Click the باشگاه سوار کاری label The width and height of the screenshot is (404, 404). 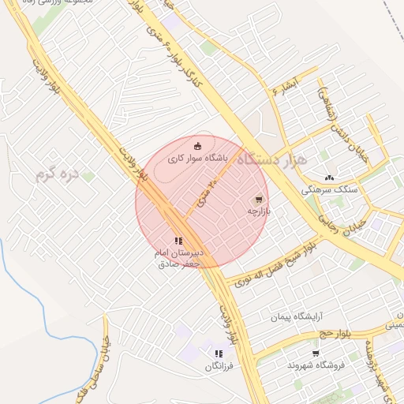(x=196, y=159)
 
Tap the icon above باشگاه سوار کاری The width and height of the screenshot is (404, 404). (x=197, y=145)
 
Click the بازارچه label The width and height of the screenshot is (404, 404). (x=259, y=211)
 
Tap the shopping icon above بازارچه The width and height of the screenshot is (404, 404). (x=259, y=200)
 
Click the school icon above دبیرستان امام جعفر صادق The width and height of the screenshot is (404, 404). (x=178, y=241)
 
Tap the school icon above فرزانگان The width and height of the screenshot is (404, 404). (x=219, y=354)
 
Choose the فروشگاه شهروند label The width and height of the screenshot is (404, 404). (x=316, y=366)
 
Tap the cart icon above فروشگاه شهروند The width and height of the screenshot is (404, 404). (x=316, y=353)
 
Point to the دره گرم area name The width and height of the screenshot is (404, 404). (x=58, y=175)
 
